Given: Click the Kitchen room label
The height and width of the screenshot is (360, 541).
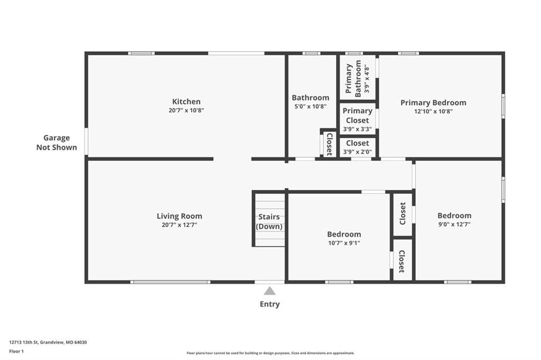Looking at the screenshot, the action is pyautogui.click(x=186, y=102).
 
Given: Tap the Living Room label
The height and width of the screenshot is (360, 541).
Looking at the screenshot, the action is pyautogui.click(x=180, y=216).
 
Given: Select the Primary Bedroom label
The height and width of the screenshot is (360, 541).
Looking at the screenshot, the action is pyautogui.click(x=433, y=103).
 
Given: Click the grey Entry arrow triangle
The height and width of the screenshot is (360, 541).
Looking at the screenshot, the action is pyautogui.click(x=270, y=291).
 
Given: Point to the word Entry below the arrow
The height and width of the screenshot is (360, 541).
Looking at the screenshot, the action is pyautogui.click(x=270, y=304).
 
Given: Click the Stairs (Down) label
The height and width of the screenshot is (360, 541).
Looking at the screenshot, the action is pyautogui.click(x=269, y=222).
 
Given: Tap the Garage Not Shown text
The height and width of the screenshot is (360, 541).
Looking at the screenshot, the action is pyautogui.click(x=57, y=143).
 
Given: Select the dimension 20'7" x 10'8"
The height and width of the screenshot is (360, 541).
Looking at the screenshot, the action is pyautogui.click(x=186, y=111).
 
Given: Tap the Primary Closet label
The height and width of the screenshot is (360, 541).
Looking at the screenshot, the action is pyautogui.click(x=358, y=116).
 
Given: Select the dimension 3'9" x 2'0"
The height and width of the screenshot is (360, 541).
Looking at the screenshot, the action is pyautogui.click(x=358, y=152).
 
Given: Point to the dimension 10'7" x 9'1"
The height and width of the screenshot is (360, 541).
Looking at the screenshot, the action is pyautogui.click(x=344, y=243).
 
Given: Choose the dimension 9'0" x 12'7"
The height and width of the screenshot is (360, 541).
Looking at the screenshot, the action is pyautogui.click(x=454, y=224).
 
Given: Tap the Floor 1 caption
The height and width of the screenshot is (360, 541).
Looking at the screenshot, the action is pyautogui.click(x=16, y=352).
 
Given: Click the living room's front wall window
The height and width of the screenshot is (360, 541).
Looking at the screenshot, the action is pyautogui.click(x=170, y=282).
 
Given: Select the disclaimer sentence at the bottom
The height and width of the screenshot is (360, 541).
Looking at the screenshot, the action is pyautogui.click(x=270, y=353).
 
